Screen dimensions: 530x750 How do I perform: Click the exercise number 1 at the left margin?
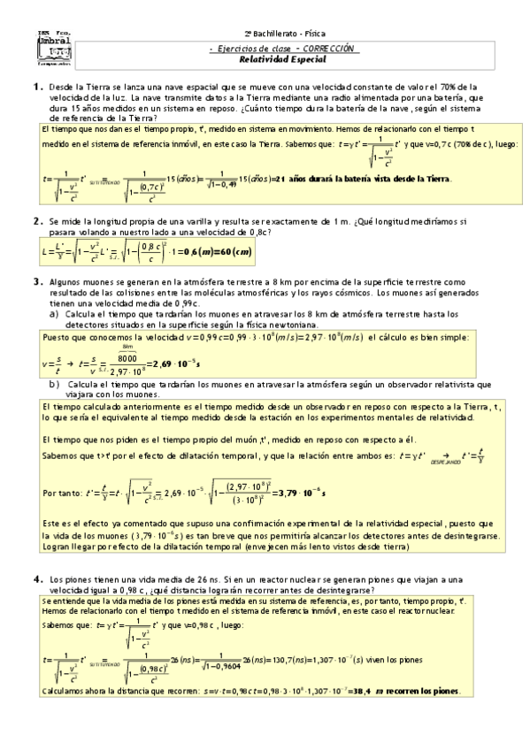[x=37, y=87]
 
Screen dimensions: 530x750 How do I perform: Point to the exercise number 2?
[x=37, y=221]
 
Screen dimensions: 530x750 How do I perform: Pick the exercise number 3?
[x=37, y=282]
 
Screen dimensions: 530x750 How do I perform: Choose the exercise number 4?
[x=37, y=578]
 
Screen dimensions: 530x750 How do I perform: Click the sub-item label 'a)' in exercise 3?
[x=55, y=313]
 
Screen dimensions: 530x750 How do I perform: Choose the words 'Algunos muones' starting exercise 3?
[x=79, y=282]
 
